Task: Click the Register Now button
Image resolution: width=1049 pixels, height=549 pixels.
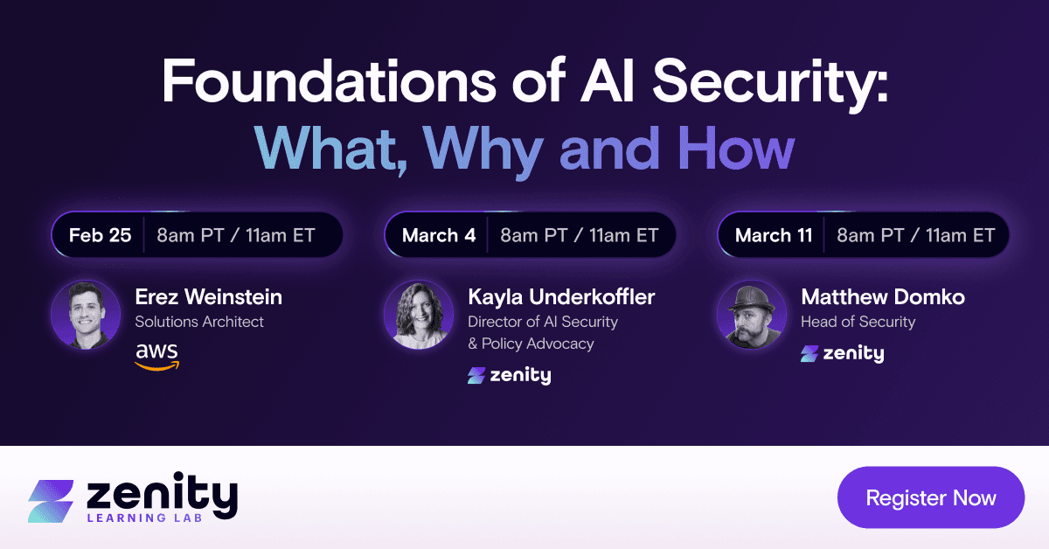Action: click(930, 498)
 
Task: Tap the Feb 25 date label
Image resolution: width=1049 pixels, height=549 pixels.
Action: click(100, 235)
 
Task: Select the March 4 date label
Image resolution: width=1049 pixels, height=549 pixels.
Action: click(438, 235)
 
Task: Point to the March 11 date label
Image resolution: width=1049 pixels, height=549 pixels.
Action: click(774, 235)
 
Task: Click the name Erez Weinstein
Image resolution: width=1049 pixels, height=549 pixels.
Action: click(208, 297)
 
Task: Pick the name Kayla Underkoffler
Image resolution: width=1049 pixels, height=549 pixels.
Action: click(561, 297)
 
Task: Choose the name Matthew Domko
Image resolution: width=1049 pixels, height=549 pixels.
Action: click(883, 297)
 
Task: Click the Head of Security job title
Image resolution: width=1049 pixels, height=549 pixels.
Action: click(858, 322)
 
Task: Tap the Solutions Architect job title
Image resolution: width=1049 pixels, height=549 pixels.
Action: click(199, 322)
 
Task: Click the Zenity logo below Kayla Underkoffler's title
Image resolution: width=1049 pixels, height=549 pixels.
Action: click(509, 376)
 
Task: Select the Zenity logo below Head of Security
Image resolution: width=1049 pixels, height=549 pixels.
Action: click(842, 353)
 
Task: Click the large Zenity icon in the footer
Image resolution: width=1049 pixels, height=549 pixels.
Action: click(51, 499)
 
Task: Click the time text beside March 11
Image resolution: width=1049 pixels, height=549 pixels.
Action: click(915, 235)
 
